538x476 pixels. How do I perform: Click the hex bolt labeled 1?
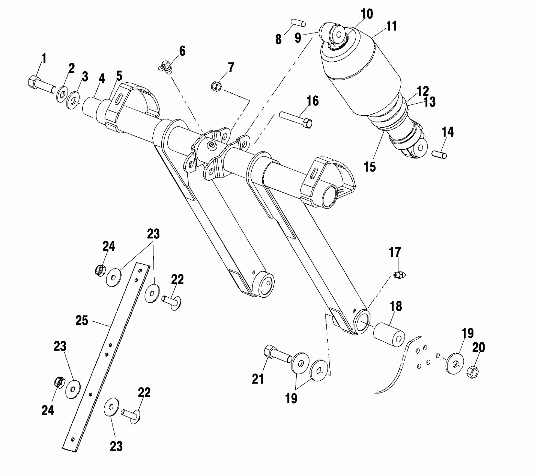click(x=41, y=85)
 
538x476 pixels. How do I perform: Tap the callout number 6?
click(x=182, y=51)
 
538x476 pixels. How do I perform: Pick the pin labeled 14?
click(x=440, y=154)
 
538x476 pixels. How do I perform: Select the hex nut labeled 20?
click(x=472, y=372)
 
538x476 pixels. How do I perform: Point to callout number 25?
click(x=82, y=321)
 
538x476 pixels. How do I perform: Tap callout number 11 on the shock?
click(x=391, y=26)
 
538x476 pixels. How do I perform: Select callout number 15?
click(x=370, y=167)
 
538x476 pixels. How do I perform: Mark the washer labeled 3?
click(x=73, y=101)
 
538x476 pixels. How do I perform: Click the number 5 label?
click(x=119, y=76)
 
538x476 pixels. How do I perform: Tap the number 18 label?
click(x=395, y=307)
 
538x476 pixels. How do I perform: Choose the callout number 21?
click(x=258, y=379)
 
